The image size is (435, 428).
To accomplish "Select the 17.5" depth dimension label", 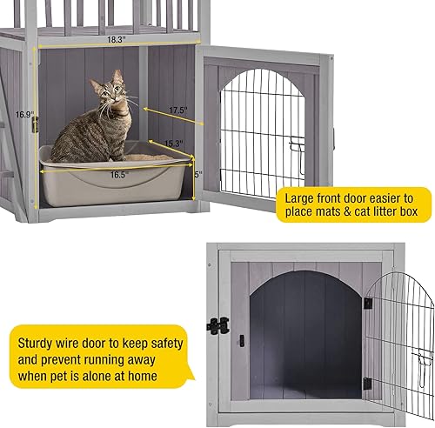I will pos(178,110).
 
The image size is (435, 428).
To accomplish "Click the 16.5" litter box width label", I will pos(119,175).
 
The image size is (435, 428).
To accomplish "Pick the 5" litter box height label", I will pos(198,174).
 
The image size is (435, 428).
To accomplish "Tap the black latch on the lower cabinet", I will pos(217,324).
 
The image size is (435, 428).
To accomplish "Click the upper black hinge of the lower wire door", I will pos(367,303).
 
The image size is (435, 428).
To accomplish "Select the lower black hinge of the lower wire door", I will pos(366,383).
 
